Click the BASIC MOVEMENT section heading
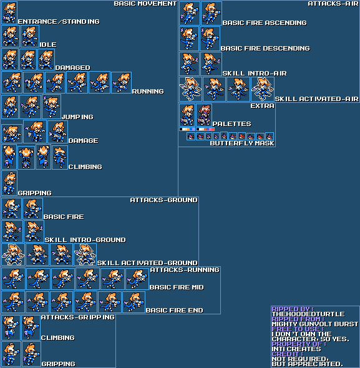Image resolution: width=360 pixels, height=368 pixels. point(145,4)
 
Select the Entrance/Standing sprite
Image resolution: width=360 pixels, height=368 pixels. point(9,12)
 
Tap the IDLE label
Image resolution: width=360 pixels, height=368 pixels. point(48,44)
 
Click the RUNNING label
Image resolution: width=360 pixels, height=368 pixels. point(148,91)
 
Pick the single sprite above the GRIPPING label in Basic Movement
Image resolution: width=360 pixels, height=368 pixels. point(9,183)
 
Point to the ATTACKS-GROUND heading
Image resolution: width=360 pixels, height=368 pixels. point(163,200)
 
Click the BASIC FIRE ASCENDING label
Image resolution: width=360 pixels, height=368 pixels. point(265,22)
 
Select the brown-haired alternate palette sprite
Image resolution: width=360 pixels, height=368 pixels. point(204,115)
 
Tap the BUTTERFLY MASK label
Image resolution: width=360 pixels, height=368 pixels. point(242,143)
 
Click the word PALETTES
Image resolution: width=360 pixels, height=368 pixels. point(231,123)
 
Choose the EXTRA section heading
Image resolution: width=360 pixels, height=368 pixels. point(262,106)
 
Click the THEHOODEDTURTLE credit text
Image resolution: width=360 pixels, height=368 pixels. point(308,314)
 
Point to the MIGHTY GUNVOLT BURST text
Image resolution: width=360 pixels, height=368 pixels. point(315,324)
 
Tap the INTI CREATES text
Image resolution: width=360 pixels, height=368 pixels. point(296,349)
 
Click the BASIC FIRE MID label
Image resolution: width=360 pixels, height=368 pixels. point(177,288)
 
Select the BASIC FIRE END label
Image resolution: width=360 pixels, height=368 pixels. point(174,310)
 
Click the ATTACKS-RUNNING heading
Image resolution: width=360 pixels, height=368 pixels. point(185,270)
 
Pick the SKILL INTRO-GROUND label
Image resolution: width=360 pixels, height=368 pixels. point(85,240)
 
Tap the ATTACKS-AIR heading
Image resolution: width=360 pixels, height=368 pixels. point(333,4)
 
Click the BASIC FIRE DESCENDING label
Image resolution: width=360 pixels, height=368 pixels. point(265,49)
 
